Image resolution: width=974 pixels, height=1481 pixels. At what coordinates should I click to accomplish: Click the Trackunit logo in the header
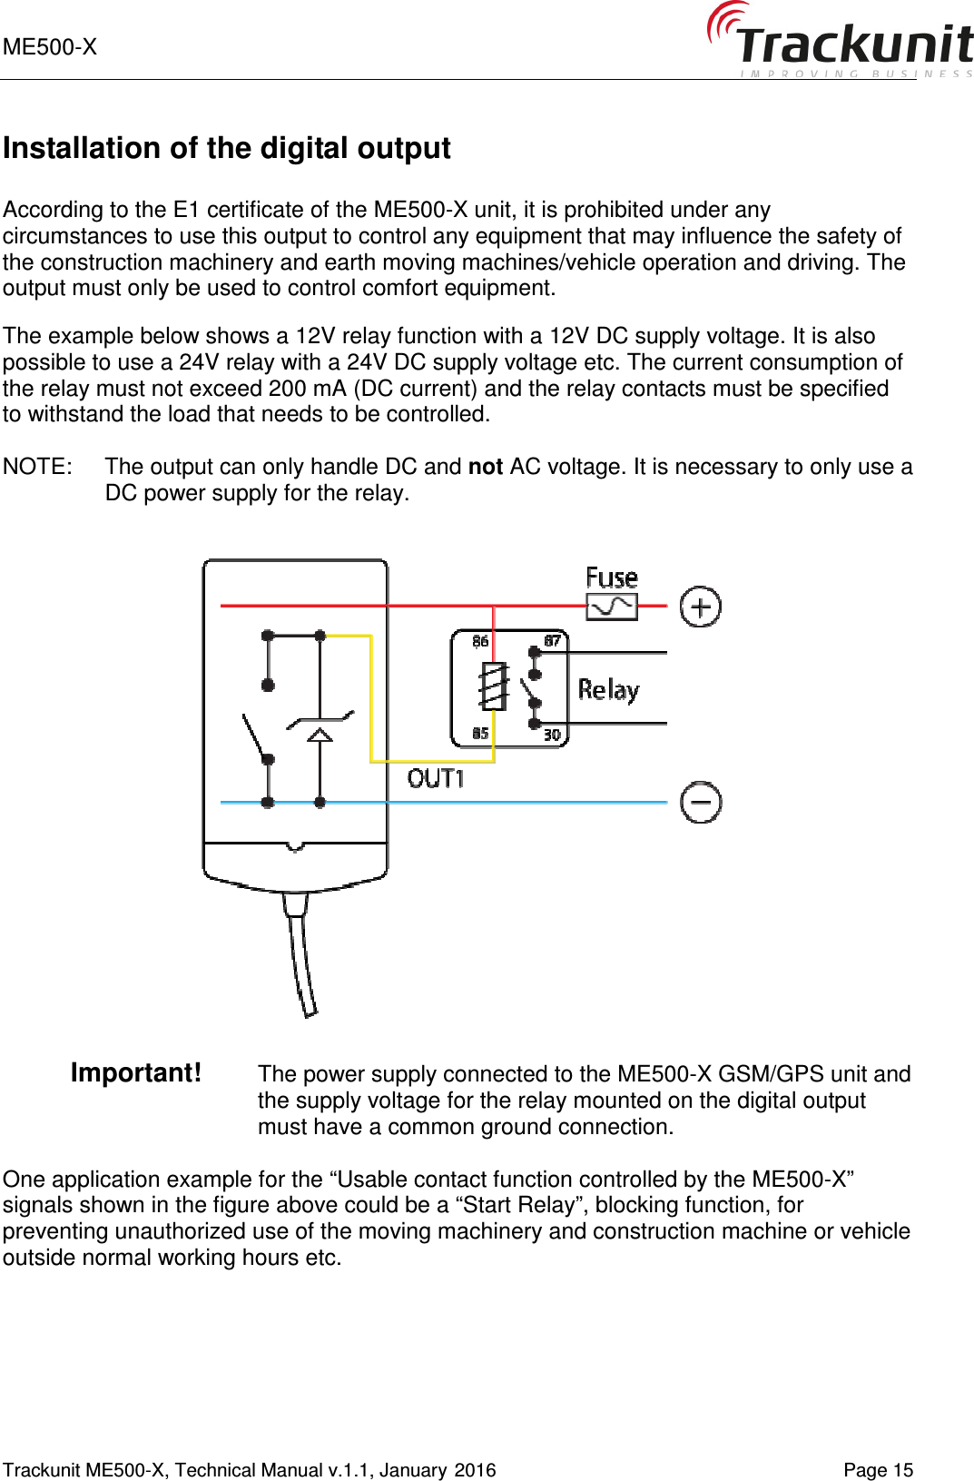(x=841, y=41)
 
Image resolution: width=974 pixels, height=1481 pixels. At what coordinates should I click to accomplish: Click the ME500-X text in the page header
(x=50, y=47)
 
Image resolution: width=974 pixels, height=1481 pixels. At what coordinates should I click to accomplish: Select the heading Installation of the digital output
(x=226, y=148)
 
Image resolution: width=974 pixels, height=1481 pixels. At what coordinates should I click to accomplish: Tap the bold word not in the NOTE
(x=485, y=467)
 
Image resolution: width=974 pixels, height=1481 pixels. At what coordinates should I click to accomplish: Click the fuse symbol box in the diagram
(x=612, y=607)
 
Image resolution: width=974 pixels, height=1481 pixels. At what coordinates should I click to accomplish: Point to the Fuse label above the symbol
(x=611, y=578)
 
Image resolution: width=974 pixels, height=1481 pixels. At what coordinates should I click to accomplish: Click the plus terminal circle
(x=700, y=607)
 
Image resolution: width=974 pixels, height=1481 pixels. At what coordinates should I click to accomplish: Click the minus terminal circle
(x=700, y=803)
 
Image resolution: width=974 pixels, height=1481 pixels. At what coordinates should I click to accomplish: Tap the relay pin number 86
(x=480, y=641)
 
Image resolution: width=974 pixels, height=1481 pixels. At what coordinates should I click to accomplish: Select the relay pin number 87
(x=552, y=641)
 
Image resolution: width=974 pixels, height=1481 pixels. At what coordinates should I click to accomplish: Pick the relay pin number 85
(x=480, y=733)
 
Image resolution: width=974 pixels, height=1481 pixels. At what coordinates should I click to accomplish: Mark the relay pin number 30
(x=552, y=735)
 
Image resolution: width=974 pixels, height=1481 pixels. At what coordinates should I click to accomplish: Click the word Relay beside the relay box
(x=608, y=690)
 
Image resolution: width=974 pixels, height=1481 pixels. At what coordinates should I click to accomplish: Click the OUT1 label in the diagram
(x=436, y=778)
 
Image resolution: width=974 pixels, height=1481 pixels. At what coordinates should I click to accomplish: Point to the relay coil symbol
(x=493, y=686)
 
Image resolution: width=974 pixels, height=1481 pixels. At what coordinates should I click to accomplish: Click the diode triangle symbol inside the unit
(x=320, y=734)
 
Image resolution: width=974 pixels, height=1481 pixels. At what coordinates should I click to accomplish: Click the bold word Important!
(x=136, y=1072)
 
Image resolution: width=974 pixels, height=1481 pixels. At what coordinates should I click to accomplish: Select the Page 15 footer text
(x=878, y=1470)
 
